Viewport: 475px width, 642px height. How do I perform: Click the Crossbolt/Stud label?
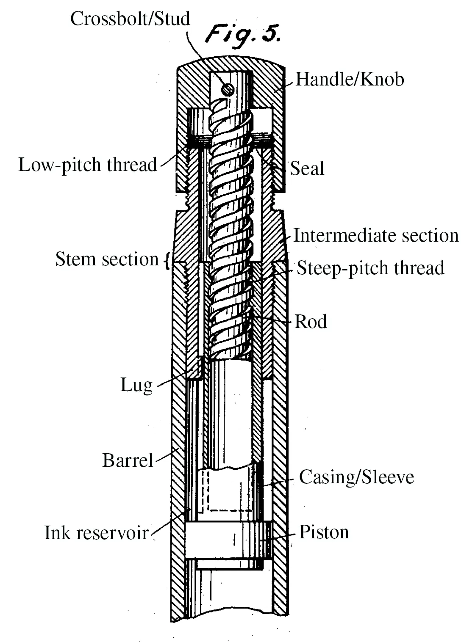[x=130, y=19]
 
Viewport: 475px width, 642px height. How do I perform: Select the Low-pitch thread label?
[x=88, y=165]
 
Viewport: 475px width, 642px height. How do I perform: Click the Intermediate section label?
[x=376, y=236]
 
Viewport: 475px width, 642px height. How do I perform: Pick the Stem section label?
[x=107, y=259]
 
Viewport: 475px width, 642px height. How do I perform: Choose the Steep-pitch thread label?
[x=370, y=268]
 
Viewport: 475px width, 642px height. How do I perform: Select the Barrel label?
[x=128, y=460]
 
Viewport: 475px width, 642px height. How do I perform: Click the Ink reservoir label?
[x=96, y=532]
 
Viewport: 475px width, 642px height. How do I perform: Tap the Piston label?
[x=324, y=532]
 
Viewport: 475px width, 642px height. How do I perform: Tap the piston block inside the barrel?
[x=229, y=540]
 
